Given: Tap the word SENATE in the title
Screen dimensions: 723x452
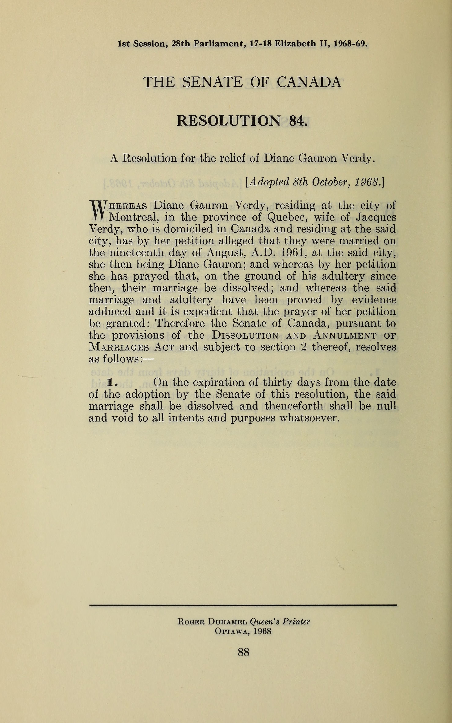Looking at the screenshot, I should click(212, 82).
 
